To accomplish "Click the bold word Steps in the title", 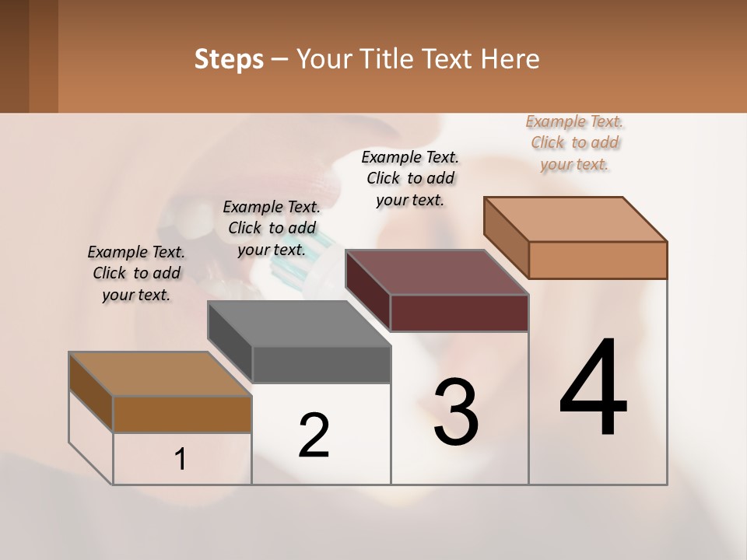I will pyautogui.click(x=229, y=59).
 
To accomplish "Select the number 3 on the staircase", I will pyautogui.click(x=456, y=411).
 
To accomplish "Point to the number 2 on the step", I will pyautogui.click(x=314, y=436).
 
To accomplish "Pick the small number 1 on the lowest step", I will pyautogui.click(x=181, y=460).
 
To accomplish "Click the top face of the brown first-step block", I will pyautogui.click(x=160, y=374).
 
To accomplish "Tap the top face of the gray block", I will pyautogui.click(x=299, y=324).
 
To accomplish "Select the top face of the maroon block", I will pyautogui.click(x=437, y=272).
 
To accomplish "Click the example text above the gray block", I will pyautogui.click(x=272, y=228).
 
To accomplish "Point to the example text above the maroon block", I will pyautogui.click(x=410, y=178).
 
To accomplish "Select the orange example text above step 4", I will pyautogui.click(x=575, y=142).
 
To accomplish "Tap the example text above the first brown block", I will pyautogui.click(x=136, y=273).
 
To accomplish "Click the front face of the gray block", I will pyautogui.click(x=321, y=365).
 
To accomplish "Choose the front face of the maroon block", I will pyautogui.click(x=459, y=313).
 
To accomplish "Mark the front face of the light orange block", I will pyautogui.click(x=598, y=260).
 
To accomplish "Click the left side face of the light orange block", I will pyautogui.click(x=506, y=237).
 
